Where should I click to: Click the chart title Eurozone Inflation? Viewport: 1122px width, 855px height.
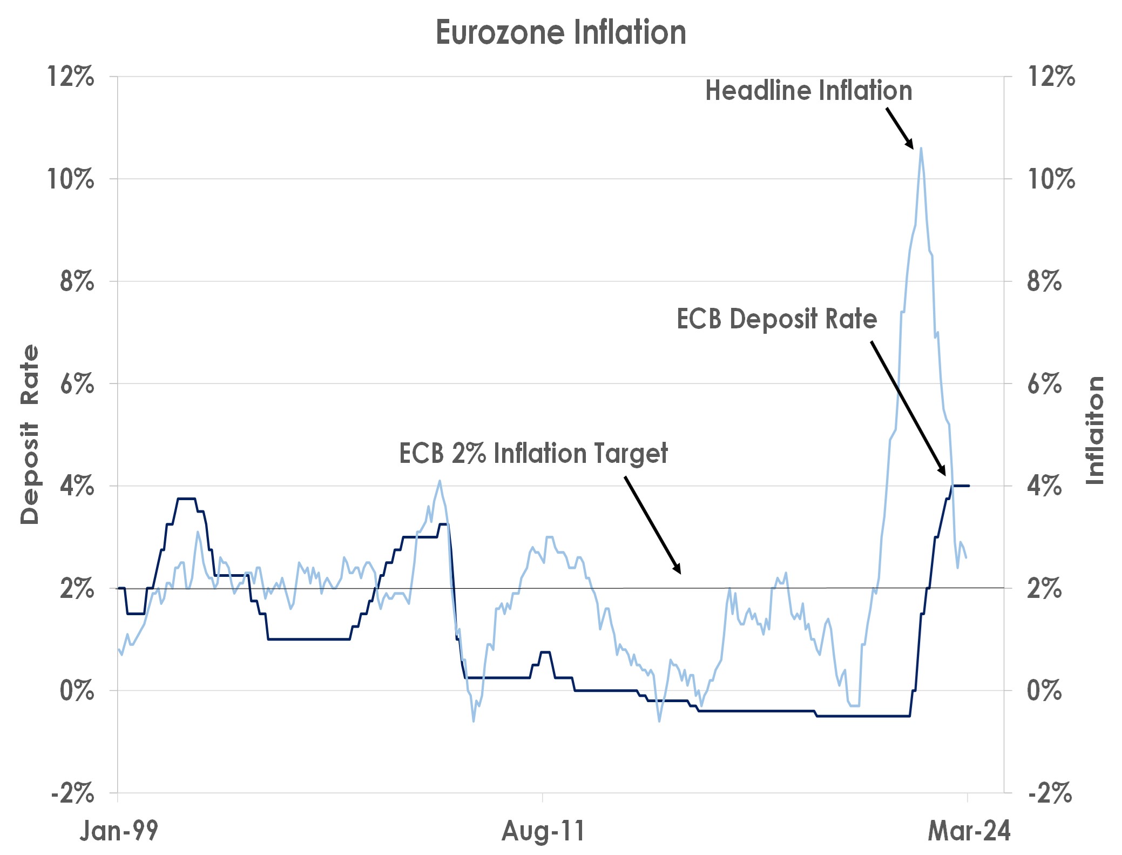click(x=560, y=32)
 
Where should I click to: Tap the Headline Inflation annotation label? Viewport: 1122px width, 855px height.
click(x=808, y=91)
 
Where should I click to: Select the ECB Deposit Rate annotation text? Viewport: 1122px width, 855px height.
click(x=776, y=319)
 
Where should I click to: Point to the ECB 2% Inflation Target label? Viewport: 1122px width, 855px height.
click(x=533, y=453)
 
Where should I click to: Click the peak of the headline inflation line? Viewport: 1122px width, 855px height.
click(x=921, y=149)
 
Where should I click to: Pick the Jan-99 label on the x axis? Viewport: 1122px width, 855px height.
click(x=119, y=831)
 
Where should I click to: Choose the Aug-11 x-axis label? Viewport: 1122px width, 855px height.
click(x=543, y=831)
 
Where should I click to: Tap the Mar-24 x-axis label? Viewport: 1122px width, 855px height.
click(x=969, y=831)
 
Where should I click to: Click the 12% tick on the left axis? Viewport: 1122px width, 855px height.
click(x=71, y=77)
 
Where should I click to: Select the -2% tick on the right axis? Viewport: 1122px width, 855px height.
click(x=1050, y=793)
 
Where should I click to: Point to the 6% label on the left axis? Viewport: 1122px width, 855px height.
click(x=77, y=384)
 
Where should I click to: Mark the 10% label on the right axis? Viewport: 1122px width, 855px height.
click(x=1051, y=179)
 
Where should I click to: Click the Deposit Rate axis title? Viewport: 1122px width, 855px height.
click(x=30, y=434)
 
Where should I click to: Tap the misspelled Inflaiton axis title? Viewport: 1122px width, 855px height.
click(x=1094, y=430)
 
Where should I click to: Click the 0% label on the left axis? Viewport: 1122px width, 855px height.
click(x=77, y=691)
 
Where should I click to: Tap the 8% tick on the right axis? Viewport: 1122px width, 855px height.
click(x=1044, y=281)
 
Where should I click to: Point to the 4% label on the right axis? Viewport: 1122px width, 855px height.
click(x=1044, y=486)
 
